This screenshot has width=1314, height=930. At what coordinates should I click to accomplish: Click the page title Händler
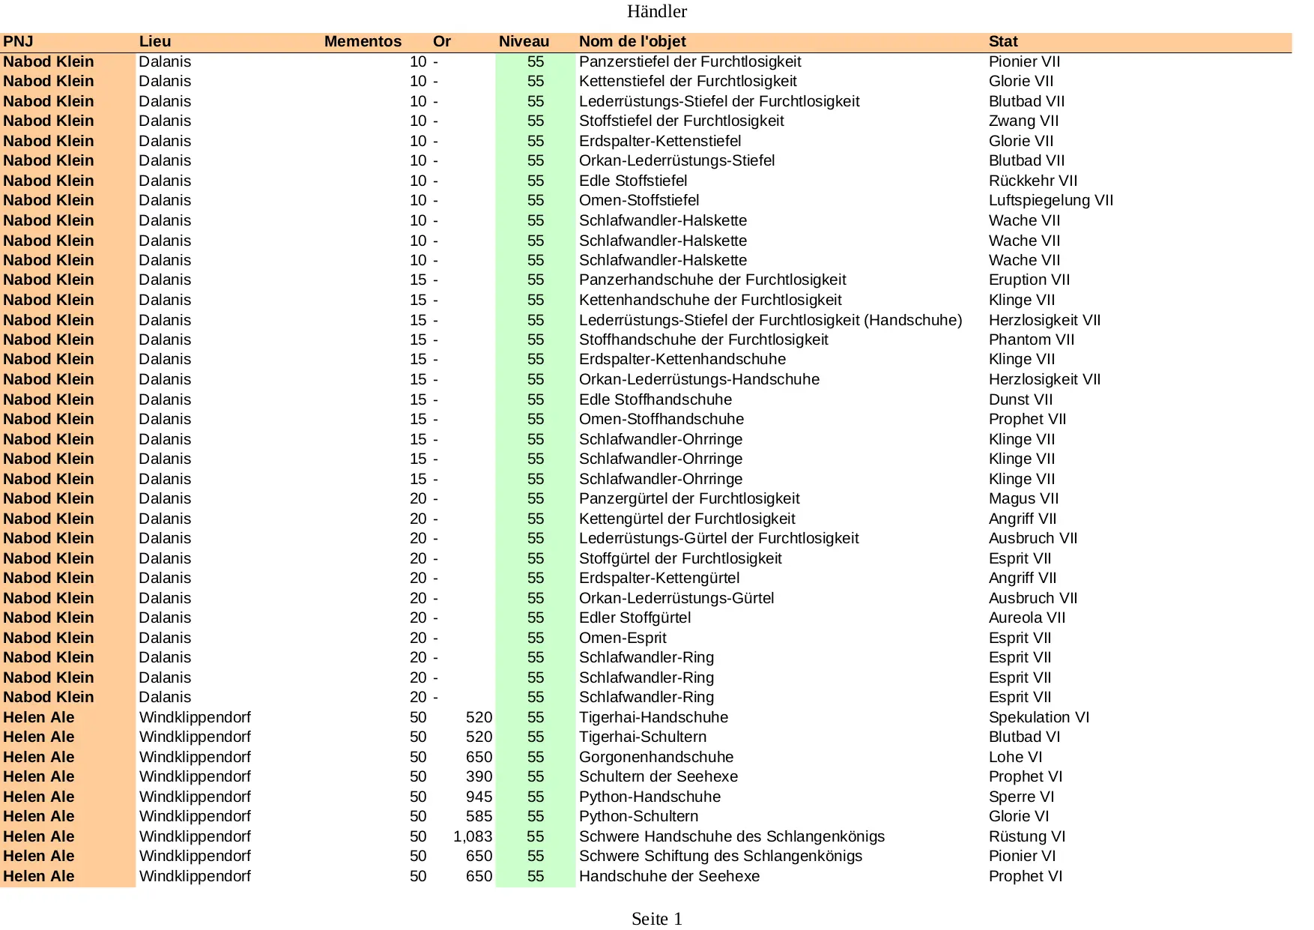656,11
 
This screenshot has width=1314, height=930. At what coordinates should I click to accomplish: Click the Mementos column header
363,42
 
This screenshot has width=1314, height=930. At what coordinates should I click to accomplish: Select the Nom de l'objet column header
632,42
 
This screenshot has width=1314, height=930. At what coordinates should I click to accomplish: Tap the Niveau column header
524,42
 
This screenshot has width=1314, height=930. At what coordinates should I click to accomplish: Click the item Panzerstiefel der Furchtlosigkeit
689,61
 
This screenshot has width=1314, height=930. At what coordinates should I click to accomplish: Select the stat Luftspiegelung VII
1050,200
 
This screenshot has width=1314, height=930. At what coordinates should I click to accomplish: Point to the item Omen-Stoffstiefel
638,200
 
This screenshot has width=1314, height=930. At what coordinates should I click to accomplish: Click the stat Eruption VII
1029,280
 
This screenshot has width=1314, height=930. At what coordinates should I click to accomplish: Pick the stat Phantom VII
1031,339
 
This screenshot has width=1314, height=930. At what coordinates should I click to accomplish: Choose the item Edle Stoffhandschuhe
655,399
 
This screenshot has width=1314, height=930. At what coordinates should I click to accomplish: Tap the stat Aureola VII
1026,618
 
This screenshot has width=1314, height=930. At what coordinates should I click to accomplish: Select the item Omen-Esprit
622,638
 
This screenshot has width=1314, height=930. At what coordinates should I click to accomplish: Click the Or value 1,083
473,836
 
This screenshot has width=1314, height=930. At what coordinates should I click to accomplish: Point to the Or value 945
479,797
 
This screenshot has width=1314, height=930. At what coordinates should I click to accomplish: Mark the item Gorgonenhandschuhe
656,757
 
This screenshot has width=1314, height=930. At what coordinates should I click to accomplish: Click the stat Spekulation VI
1038,717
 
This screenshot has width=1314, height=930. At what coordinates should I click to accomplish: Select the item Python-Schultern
638,816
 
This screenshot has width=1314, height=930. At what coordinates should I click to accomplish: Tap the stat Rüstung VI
1026,836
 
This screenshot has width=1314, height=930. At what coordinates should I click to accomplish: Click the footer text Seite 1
656,919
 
